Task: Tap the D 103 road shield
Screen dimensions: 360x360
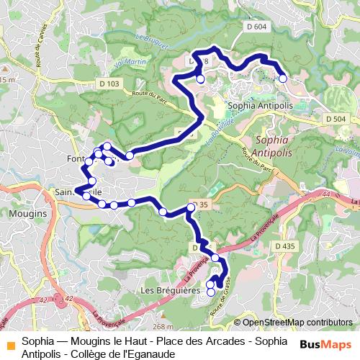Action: coord(110,84)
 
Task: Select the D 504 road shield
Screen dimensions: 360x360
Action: coord(336,118)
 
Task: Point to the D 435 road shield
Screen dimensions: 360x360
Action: coord(285,247)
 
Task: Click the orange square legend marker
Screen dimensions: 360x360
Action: coord(9,344)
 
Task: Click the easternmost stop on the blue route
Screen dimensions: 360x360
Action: coord(283,78)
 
